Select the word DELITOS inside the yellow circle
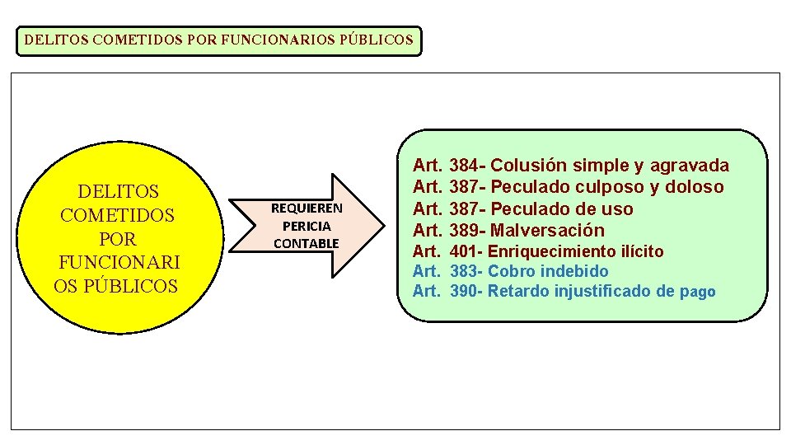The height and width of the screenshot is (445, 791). (x=118, y=192)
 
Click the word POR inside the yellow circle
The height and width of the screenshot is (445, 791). (x=117, y=239)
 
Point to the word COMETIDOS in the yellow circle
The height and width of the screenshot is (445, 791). (x=117, y=215)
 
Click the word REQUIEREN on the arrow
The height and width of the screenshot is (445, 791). (x=307, y=208)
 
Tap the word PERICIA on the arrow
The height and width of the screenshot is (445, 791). (x=307, y=226)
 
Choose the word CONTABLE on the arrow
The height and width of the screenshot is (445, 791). (x=307, y=243)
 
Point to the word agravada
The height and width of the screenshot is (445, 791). (x=690, y=166)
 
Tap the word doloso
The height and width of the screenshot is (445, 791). (x=697, y=187)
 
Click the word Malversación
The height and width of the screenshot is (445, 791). (x=547, y=230)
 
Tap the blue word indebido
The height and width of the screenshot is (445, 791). (x=574, y=271)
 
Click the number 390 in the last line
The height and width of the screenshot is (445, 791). (x=465, y=291)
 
